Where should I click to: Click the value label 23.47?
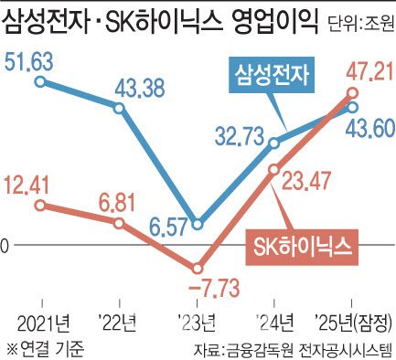click(310, 182)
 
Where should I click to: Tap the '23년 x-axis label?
click(197, 320)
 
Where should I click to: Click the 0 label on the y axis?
click(5, 245)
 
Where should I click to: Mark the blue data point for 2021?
click(39, 82)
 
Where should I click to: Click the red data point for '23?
click(197, 268)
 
